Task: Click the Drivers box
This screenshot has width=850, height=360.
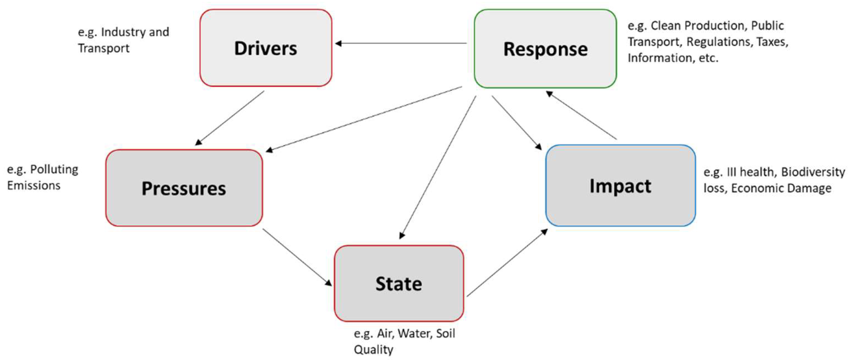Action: tap(265, 48)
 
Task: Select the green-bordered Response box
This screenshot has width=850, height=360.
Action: tap(545, 49)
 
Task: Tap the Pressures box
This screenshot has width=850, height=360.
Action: tap(184, 188)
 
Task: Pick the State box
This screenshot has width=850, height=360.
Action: tap(399, 284)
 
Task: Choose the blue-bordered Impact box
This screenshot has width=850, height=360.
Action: tap(620, 186)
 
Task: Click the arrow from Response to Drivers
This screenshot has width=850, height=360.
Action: tap(401, 43)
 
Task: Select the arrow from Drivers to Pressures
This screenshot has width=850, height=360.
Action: tap(230, 118)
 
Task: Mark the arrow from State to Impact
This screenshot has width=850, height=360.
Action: tap(507, 263)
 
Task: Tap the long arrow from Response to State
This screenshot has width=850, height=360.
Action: tap(438, 167)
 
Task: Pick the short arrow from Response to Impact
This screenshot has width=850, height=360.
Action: tap(516, 122)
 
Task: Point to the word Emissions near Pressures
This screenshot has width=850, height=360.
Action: tap(34, 186)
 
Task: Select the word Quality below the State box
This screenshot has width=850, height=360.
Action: tap(373, 349)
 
